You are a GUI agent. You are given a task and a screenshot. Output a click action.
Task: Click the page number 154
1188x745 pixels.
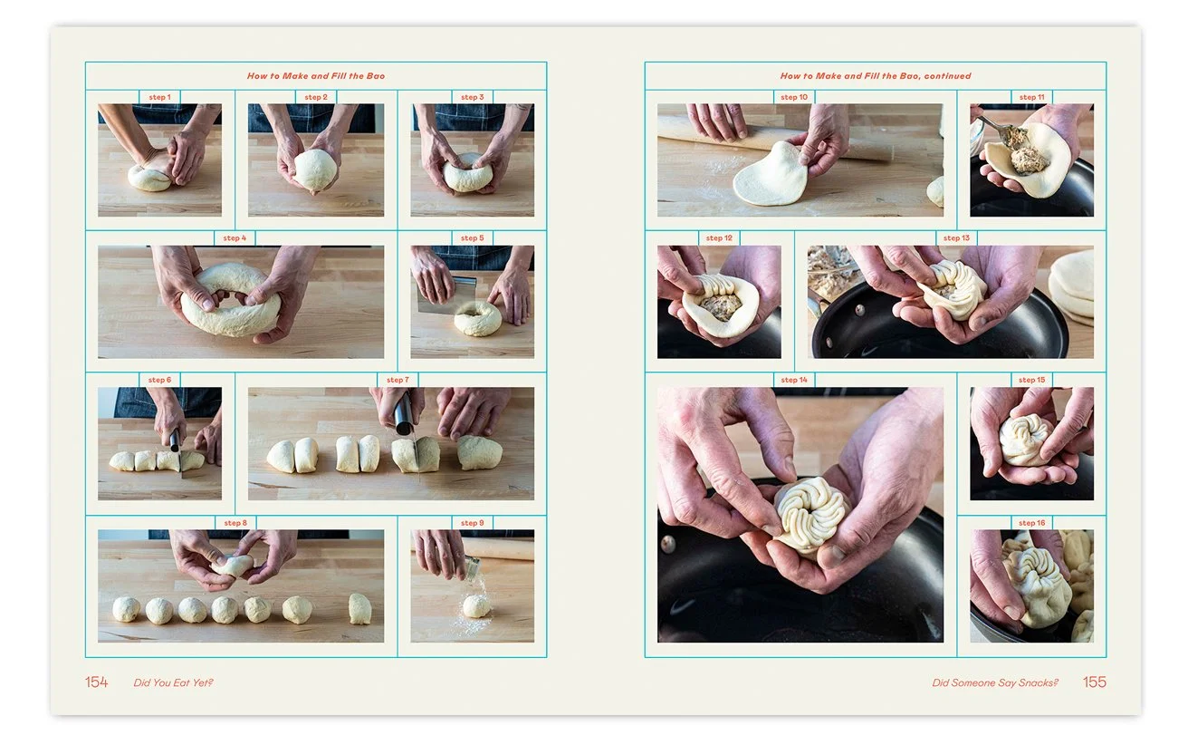point(96,682)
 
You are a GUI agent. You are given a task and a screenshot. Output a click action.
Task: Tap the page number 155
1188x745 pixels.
point(1095,682)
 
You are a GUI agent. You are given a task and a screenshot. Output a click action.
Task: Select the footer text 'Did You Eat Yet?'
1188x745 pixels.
point(173,682)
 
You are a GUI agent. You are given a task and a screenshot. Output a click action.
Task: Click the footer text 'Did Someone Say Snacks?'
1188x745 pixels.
point(995,682)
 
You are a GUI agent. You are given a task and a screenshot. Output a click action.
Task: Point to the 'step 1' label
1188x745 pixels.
point(159,97)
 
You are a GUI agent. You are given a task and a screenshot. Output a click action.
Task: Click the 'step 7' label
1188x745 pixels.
point(398,380)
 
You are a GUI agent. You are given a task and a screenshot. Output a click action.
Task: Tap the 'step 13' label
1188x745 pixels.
point(956,237)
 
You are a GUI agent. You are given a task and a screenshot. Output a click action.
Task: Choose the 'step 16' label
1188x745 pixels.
point(1031,523)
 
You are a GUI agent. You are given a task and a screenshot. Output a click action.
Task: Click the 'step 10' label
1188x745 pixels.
point(794,97)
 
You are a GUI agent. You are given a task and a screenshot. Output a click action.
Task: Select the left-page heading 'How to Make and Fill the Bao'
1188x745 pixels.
point(315,76)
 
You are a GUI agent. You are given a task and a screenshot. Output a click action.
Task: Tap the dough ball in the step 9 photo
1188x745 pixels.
point(476,605)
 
